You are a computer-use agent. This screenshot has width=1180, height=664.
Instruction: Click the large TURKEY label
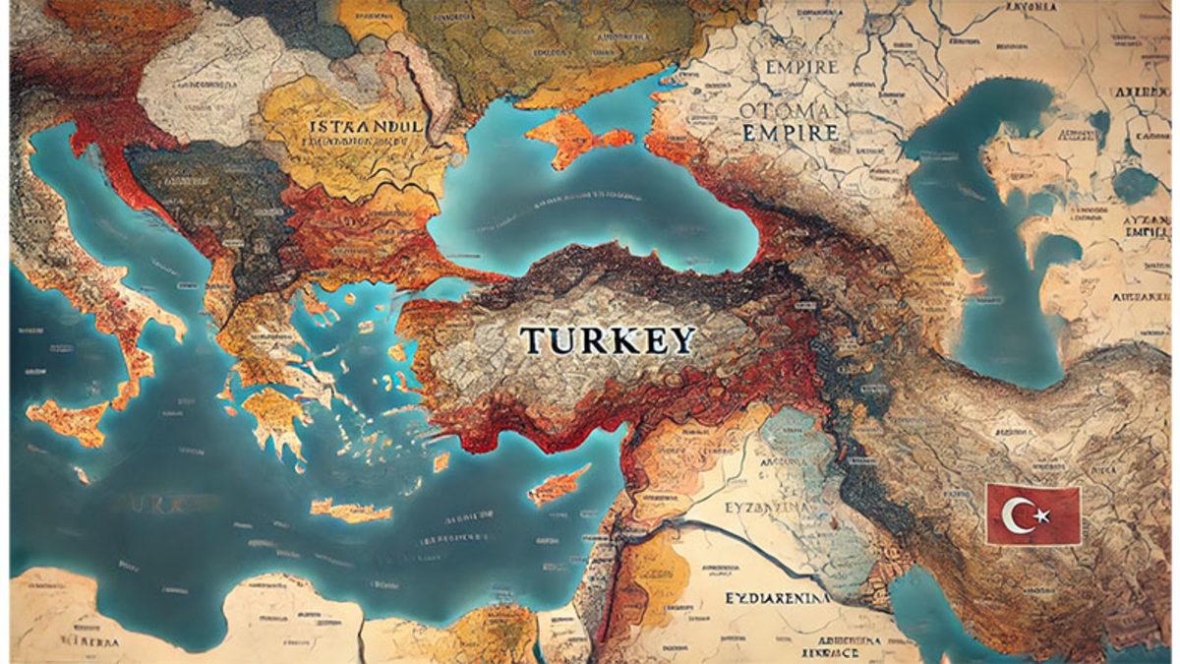click(x=607, y=341)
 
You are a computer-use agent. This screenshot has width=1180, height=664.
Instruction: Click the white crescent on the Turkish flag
click(x=1016, y=514)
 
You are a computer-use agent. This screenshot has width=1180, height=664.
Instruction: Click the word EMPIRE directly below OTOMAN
click(x=792, y=133)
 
